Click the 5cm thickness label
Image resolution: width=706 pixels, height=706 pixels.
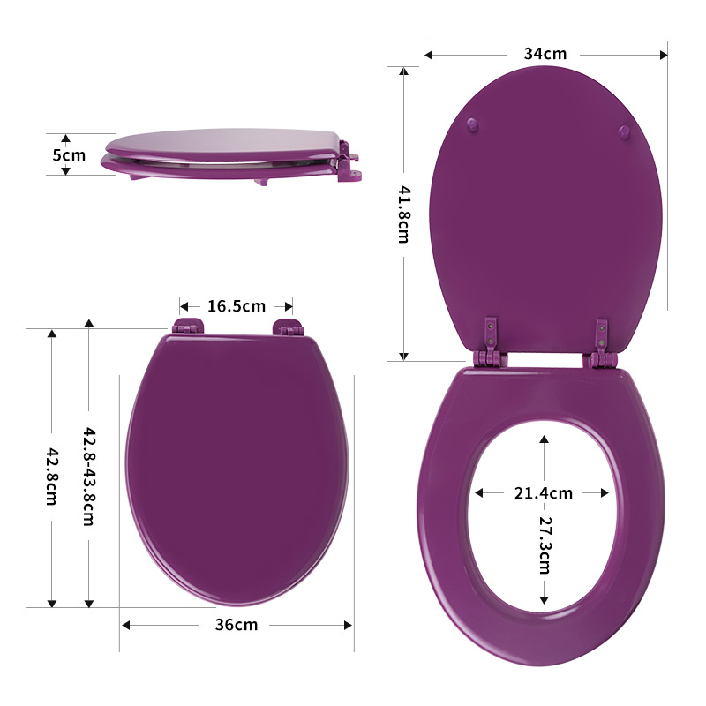pyautogui.click(x=69, y=155)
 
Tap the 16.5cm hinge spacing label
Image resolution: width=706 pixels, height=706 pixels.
pyautogui.click(x=237, y=306)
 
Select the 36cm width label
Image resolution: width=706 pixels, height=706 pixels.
pyautogui.click(x=237, y=625)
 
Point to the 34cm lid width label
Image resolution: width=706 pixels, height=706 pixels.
pyautogui.click(x=545, y=54)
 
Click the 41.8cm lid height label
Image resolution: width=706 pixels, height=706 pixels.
pyautogui.click(x=403, y=214)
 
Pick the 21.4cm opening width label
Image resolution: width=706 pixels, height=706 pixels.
pyautogui.click(x=544, y=492)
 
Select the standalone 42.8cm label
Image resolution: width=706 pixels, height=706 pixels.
pyautogui.click(x=52, y=477)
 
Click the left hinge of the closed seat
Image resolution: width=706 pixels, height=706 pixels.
pyautogui.click(x=187, y=327)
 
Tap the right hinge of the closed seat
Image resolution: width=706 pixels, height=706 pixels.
pyautogui.click(x=288, y=328)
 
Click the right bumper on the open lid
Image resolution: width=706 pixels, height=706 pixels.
pyautogui.click(x=624, y=131)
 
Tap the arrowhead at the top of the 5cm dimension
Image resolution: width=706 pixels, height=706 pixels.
pyautogui.click(x=64, y=139)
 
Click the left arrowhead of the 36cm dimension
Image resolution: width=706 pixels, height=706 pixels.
pyautogui.click(x=125, y=625)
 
